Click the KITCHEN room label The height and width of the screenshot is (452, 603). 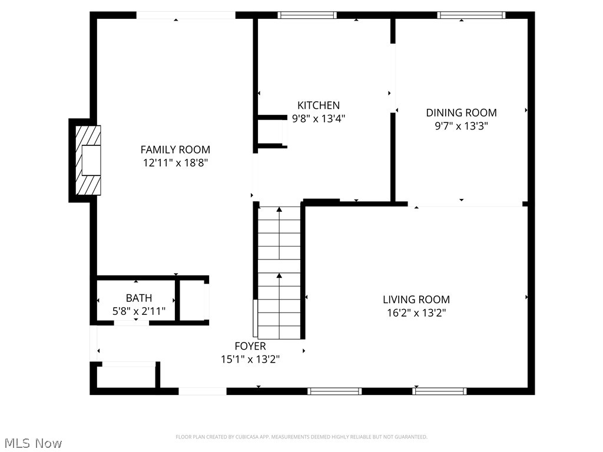(x=318, y=105)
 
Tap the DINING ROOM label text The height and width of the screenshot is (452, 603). (x=461, y=112)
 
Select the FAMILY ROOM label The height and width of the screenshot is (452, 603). (x=175, y=149)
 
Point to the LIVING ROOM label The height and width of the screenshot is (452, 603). (x=416, y=300)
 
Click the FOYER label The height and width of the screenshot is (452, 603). (x=250, y=346)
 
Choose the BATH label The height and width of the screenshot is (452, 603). (x=138, y=298)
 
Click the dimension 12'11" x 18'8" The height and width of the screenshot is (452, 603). (x=175, y=162)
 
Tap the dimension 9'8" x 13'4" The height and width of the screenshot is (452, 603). (x=318, y=118)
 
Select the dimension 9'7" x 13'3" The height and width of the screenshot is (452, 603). (x=461, y=125)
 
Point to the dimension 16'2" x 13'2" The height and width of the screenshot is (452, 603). (x=416, y=313)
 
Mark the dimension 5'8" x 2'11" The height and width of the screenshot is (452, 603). (x=138, y=311)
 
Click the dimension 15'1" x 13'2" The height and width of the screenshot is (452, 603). (x=250, y=359)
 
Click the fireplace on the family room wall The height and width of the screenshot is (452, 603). (x=87, y=160)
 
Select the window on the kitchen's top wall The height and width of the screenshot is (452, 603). (x=307, y=15)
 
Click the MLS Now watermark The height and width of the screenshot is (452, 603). (x=32, y=443)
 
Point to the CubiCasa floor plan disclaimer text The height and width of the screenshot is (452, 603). (x=301, y=437)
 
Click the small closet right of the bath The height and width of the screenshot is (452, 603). (x=192, y=300)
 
